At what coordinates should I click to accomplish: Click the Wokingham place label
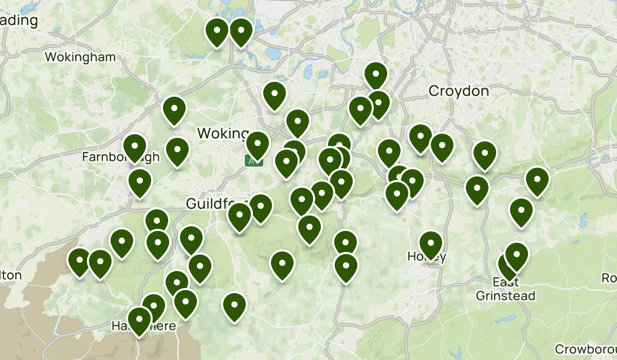81,57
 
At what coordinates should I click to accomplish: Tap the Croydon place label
459,91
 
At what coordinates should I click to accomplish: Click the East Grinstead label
505,289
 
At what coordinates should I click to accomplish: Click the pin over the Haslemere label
139,319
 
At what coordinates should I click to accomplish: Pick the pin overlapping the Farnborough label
135,147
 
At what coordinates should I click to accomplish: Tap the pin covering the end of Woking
257,144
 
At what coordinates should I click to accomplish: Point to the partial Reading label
19,21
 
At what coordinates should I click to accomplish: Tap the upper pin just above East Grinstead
516,255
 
